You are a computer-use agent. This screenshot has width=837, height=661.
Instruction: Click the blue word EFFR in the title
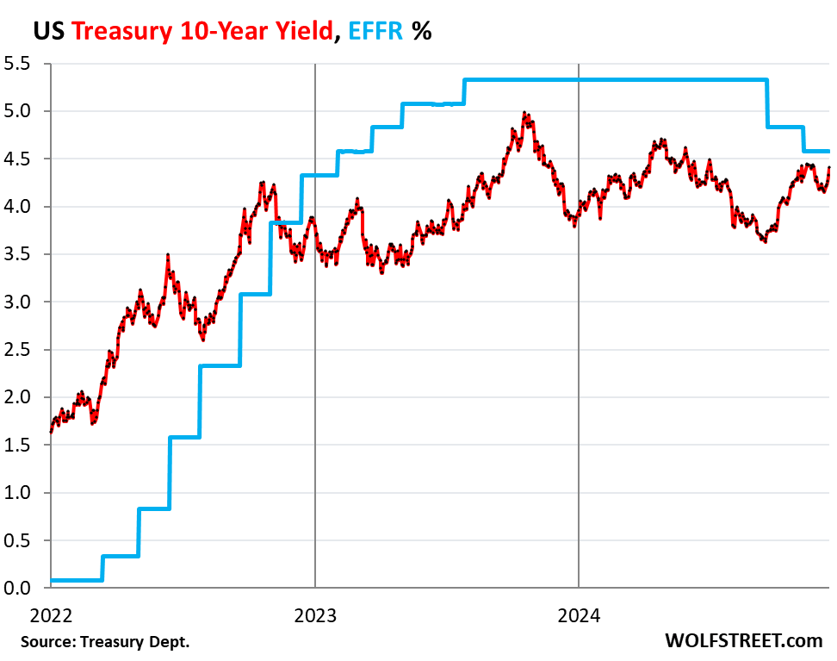373,32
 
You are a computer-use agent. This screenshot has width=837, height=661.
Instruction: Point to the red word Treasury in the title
121,32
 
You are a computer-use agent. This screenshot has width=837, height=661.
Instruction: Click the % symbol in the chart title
421,32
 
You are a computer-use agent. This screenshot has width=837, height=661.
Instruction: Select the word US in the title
47,32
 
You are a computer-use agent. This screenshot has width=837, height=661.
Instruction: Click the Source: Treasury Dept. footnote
105,642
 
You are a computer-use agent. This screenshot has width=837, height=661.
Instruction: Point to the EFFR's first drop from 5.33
767,103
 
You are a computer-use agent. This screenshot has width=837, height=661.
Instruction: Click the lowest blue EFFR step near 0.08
76,580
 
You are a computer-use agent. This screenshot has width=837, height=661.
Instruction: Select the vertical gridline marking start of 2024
579,345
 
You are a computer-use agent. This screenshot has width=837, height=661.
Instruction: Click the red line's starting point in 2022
52,431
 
